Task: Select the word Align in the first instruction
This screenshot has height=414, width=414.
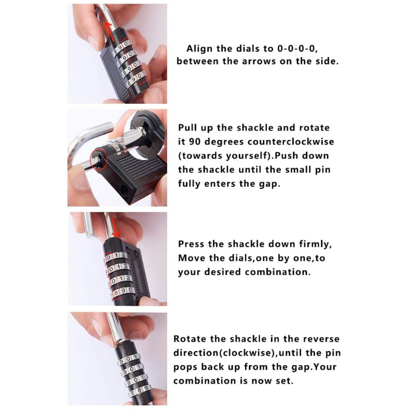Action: [x=199, y=49]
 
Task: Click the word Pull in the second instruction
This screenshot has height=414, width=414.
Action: [x=188, y=128]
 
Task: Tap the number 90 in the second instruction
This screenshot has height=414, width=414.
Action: [x=195, y=142]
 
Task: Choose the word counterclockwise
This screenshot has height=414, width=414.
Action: [x=291, y=142]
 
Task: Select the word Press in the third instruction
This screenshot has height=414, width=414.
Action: [x=191, y=244]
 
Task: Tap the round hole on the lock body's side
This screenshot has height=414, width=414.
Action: [x=123, y=189]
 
